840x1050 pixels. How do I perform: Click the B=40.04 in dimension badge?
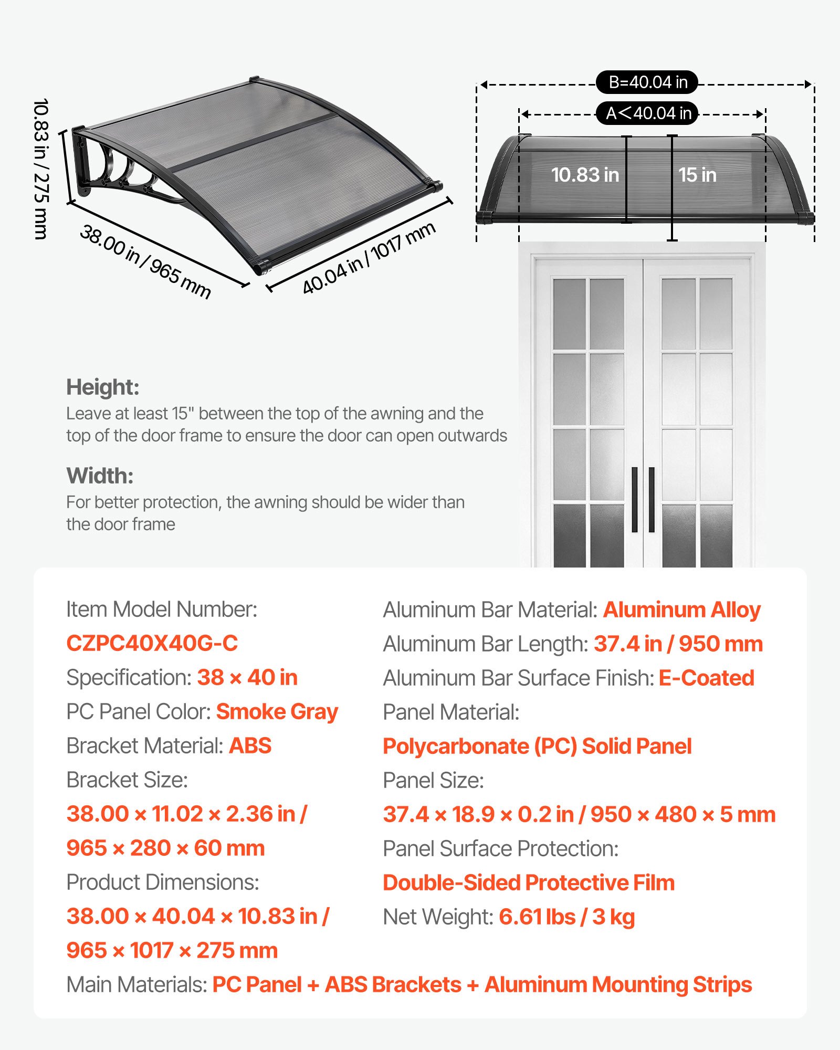647,82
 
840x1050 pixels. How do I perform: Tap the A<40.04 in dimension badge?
647,113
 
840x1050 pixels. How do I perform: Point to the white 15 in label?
697,175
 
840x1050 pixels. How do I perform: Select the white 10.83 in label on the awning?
585,175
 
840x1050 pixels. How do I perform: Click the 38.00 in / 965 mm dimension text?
145,261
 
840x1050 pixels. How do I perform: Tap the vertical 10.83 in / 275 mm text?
41,169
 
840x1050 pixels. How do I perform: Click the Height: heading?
103,387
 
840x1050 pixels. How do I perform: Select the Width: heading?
100,476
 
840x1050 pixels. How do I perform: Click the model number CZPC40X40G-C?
152,643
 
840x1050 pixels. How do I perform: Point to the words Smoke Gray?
277,711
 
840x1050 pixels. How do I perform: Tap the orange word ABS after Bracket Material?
250,745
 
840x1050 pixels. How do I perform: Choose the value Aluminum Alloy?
681,610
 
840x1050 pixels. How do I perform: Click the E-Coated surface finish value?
706,678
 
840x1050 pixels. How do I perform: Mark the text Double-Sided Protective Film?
528,883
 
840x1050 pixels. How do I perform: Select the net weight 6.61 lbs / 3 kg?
566,917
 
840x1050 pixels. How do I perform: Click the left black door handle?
634,499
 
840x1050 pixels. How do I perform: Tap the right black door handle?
652,499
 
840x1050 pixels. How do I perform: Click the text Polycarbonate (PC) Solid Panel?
537,746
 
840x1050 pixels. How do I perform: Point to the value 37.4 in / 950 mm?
678,644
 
